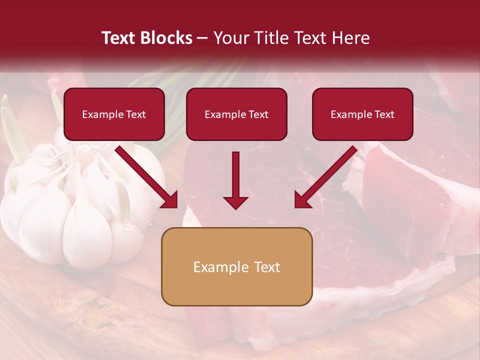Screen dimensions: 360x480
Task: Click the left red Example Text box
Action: (x=114, y=114)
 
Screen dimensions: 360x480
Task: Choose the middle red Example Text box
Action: (x=236, y=114)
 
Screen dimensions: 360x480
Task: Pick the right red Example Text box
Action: (x=362, y=114)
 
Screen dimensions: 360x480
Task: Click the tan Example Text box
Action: (x=236, y=266)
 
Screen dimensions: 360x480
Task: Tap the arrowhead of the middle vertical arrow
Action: (x=235, y=202)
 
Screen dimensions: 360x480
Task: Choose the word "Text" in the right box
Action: (x=384, y=114)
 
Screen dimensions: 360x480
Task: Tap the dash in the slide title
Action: (x=202, y=38)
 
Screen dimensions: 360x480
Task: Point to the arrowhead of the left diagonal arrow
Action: (x=170, y=200)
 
